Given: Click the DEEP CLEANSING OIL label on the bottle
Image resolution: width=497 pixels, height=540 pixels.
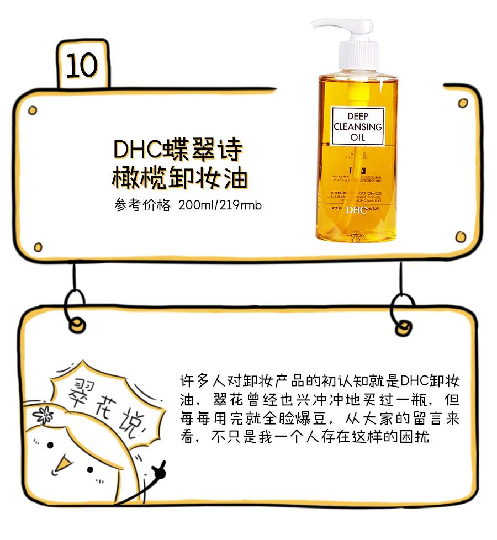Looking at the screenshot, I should pyautogui.click(x=357, y=127).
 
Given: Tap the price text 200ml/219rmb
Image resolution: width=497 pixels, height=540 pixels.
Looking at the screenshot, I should pyautogui.click(x=220, y=205).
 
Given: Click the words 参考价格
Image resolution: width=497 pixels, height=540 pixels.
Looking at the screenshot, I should pyautogui.click(x=142, y=205).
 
